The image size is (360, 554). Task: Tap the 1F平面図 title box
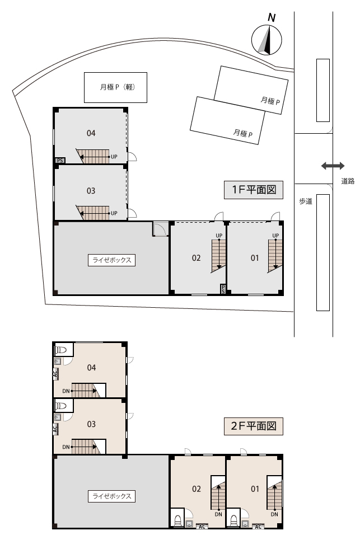click(x=254, y=190)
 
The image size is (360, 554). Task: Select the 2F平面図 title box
click(x=254, y=426)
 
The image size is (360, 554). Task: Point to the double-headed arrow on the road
click(x=333, y=166)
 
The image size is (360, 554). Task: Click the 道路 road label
click(x=348, y=181)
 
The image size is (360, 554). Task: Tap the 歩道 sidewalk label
click(x=306, y=201)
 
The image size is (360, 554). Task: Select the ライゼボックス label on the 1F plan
click(x=112, y=260)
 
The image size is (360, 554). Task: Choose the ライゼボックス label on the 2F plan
click(x=112, y=496)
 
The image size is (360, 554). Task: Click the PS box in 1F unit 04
click(x=60, y=161)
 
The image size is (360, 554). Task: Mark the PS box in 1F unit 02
click(x=223, y=289)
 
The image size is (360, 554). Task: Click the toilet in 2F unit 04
click(x=61, y=350)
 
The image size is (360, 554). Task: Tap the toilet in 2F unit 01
click(x=233, y=519)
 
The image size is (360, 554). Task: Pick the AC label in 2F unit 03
click(x=55, y=429)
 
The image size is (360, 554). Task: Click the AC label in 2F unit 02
click(x=202, y=527)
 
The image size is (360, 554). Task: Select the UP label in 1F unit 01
click(x=275, y=236)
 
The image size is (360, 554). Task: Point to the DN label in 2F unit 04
click(x=66, y=391)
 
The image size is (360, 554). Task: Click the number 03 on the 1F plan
click(x=91, y=191)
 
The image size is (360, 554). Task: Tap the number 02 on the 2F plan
click(x=197, y=489)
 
